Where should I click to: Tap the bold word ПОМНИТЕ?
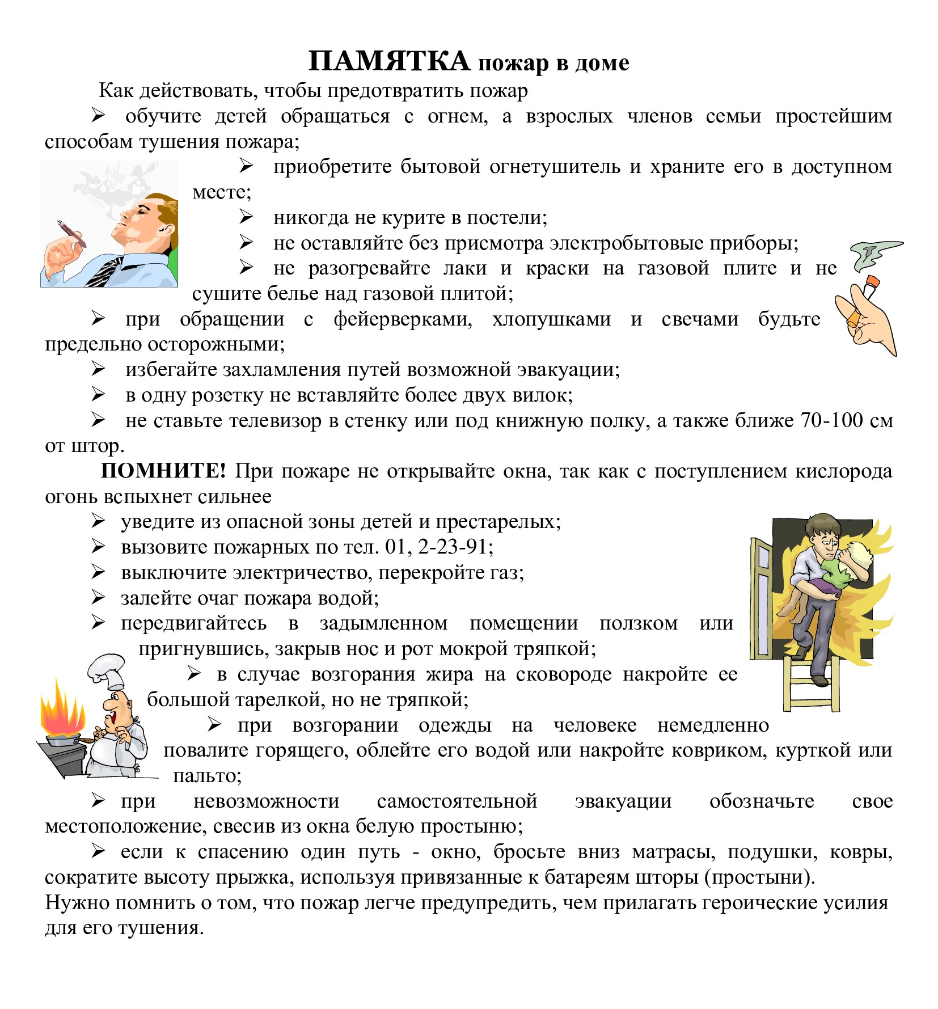point(163,471)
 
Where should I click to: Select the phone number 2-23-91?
point(455,547)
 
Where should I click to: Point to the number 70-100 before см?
point(831,420)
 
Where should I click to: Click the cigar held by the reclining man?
point(71,233)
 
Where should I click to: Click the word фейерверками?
point(403,319)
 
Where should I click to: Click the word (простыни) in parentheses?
point(759,877)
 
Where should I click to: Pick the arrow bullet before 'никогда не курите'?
point(246,217)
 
